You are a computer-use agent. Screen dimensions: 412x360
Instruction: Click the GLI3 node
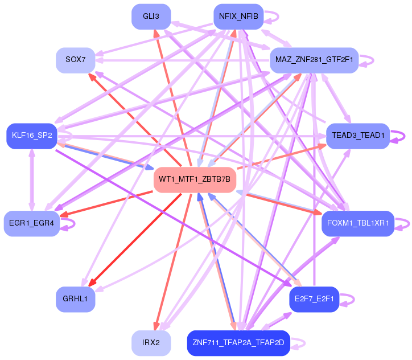point(151,17)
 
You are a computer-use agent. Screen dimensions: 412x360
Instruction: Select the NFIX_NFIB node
point(238,17)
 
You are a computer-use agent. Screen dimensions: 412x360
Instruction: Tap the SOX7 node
point(76,60)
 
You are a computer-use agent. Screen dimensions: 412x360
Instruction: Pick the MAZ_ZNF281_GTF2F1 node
point(314,60)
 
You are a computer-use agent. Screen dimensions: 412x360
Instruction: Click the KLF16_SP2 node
point(32,136)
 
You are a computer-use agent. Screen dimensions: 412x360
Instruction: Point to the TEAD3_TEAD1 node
point(358,136)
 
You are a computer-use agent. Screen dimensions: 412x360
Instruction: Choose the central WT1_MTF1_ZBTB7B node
point(195,180)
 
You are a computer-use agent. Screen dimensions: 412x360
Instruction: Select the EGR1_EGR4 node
point(31,223)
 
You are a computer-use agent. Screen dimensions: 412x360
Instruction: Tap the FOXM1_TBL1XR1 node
point(358,223)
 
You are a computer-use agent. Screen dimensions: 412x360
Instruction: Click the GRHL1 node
point(76,299)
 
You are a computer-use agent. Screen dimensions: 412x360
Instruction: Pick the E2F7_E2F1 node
point(314,299)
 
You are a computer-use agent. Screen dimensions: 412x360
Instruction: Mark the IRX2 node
point(151,343)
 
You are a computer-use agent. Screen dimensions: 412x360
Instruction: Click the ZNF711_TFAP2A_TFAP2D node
point(238,343)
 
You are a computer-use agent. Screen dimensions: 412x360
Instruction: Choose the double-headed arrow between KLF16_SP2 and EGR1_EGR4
point(32,180)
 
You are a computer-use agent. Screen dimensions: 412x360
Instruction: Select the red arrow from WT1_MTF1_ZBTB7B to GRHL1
point(135,240)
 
